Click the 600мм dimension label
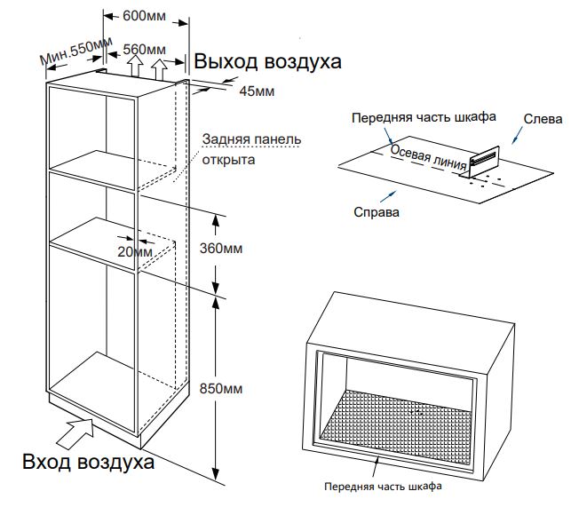[144, 16]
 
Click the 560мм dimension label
[144, 50]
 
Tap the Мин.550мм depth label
[75, 51]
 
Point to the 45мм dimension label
[257, 91]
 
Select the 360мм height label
[221, 249]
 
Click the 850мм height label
[221, 389]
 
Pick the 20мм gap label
[135, 251]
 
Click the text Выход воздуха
[267, 61]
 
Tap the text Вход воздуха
[89, 462]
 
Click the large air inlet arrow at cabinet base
[75, 432]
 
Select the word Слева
[543, 119]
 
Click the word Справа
[377, 212]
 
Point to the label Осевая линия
[428, 157]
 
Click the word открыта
[228, 160]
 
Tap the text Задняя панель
[251, 139]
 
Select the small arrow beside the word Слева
[517, 136]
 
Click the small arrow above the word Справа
[388, 196]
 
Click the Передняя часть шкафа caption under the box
[383, 487]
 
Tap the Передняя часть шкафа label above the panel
[424, 117]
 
